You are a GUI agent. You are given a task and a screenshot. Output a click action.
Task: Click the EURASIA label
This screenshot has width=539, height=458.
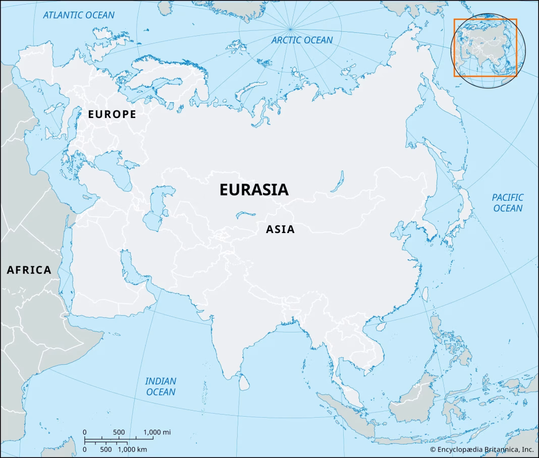[254, 190]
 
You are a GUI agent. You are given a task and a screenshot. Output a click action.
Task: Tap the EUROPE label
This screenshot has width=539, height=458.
[112, 115]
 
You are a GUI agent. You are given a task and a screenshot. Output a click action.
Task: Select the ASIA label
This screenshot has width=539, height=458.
[280, 230]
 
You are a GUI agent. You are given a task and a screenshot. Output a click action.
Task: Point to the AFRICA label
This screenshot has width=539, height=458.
[29, 270]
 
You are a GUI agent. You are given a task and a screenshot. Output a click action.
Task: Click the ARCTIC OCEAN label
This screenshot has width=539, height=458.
[302, 40]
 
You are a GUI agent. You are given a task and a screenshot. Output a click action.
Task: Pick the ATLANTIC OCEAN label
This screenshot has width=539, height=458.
[79, 15]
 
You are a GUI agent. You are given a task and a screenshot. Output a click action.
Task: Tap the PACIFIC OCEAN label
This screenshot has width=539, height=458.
[508, 203]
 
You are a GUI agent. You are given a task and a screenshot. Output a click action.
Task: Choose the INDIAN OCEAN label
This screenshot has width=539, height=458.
[160, 386]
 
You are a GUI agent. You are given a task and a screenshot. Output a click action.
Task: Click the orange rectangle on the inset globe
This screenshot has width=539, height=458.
[485, 47]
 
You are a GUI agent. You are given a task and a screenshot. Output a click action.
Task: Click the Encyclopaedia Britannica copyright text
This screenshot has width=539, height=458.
[481, 449]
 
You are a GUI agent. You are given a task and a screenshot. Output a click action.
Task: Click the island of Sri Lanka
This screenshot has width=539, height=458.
[244, 384]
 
